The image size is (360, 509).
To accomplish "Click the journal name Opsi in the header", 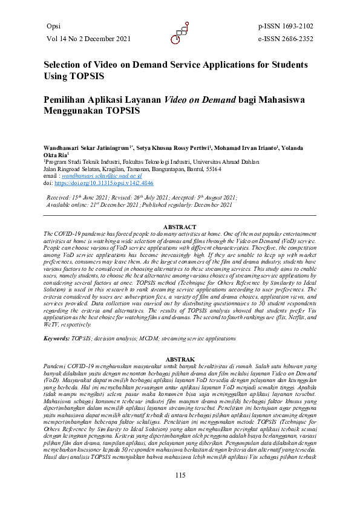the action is coord(53,27).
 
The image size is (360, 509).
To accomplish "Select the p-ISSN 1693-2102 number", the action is coord(286,27).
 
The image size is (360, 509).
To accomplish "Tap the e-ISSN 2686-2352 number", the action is coord(286,39).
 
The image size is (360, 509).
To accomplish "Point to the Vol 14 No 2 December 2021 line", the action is coord(88,39).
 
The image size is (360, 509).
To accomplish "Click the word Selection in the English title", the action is coord(64,65).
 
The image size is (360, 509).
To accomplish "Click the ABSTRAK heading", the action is coord(180,358).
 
